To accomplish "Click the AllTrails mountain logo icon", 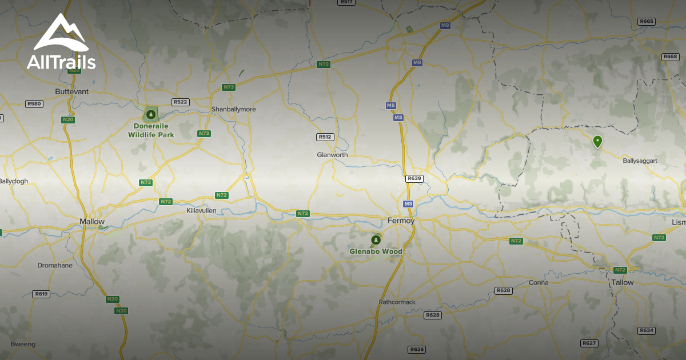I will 60,33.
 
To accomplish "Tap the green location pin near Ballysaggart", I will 597,141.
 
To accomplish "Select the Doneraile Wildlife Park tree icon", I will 151,114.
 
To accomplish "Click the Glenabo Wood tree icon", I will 376,240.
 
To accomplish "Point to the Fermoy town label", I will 401,221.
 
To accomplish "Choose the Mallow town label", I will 92,222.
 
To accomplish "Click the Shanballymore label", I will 234,109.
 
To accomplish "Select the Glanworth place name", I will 332,155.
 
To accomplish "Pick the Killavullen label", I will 201,210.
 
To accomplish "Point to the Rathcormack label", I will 397,302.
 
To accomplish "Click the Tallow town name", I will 623,282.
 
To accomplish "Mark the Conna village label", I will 539,282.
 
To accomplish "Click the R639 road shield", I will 414,178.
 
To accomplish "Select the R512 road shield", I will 325,137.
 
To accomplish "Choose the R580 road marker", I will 34,103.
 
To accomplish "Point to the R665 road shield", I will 647,21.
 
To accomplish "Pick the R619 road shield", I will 41,294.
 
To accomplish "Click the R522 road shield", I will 181,102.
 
